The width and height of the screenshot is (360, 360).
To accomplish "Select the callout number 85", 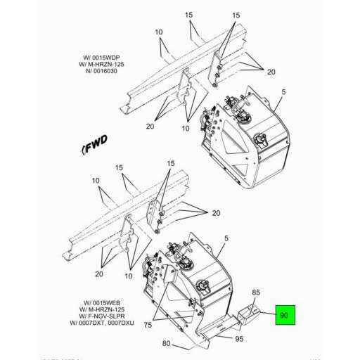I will pos(256,291).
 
